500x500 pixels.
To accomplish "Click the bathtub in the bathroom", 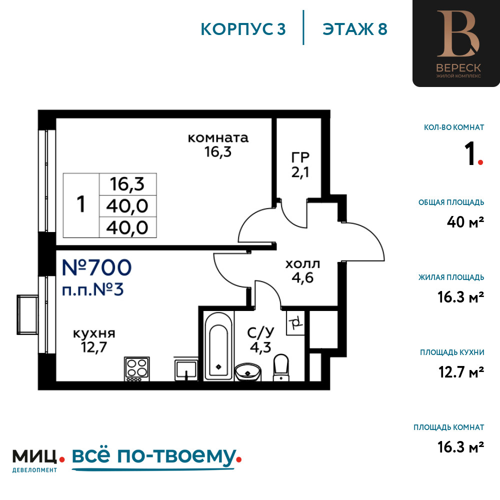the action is [219, 346].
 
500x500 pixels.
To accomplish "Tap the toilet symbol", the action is [281, 367].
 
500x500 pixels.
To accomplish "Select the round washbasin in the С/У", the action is [248, 372].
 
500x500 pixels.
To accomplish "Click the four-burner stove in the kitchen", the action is [137, 369].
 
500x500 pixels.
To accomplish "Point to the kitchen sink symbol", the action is [186, 370].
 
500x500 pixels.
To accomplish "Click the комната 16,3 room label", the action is [218, 145].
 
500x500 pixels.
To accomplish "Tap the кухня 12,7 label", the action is [94, 340].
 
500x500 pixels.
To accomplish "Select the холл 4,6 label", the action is [302, 271].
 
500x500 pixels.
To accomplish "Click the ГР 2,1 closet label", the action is [300, 165].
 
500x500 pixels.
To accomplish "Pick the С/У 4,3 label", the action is [260, 340].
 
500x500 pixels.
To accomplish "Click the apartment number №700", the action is [96, 267].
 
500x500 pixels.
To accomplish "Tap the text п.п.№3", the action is [93, 290].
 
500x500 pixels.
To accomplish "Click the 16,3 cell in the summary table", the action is [127, 184].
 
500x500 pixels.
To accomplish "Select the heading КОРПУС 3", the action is [243, 29].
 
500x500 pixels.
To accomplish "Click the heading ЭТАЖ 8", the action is [355, 29].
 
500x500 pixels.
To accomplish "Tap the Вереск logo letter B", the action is [458, 34].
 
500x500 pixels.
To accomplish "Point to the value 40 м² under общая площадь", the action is [465, 222].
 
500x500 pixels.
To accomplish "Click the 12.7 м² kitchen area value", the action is [461, 372].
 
